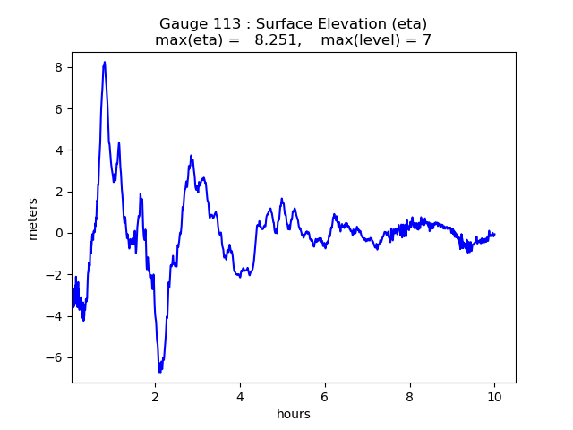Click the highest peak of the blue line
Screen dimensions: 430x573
(105, 63)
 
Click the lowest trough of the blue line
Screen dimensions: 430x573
(159, 371)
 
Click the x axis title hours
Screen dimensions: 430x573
(294, 414)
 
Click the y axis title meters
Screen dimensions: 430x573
(33, 219)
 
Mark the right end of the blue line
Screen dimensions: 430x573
(494, 235)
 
